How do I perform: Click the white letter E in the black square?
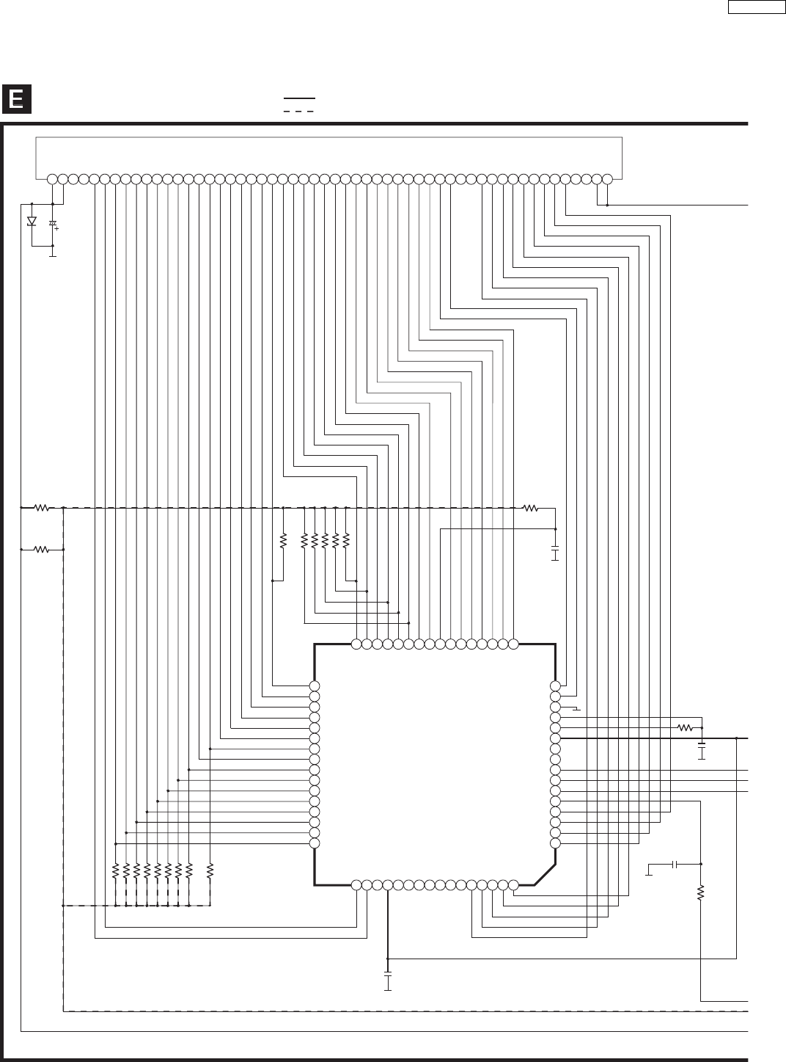(16, 99)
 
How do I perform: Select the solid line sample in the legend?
(299, 98)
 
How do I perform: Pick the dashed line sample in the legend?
(299, 111)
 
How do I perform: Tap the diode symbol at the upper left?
(32, 221)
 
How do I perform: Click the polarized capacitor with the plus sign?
(52, 223)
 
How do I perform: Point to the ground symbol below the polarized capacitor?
(52, 255)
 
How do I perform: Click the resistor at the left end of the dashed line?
(43, 507)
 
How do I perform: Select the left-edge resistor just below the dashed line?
(43, 549)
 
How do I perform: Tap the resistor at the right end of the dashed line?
(530, 507)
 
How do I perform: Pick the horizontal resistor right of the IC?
(686, 727)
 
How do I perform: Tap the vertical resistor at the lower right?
(701, 893)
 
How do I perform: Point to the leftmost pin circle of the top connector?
(52, 179)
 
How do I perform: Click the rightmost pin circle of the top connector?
(607, 179)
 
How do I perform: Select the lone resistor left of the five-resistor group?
(283, 542)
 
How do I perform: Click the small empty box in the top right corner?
(756, 7)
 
